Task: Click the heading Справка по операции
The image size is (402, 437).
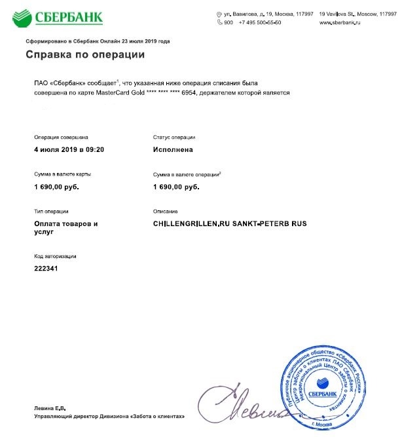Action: tap(85, 55)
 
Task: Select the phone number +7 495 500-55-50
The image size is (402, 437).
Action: tap(261, 23)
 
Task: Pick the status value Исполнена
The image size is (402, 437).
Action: tap(173, 150)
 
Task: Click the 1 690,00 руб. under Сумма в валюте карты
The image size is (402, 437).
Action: tap(56, 187)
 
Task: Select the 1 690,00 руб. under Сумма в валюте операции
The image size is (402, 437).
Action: tap(176, 187)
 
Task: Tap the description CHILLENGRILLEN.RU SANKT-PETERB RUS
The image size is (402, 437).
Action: tap(230, 224)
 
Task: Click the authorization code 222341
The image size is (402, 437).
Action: tap(46, 269)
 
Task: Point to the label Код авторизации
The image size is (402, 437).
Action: tap(55, 256)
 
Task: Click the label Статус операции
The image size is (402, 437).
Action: tap(174, 138)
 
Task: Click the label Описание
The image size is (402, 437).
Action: tap(166, 212)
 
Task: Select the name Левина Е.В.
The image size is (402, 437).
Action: tap(50, 408)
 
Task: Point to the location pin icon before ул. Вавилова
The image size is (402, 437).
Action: tap(219, 14)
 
